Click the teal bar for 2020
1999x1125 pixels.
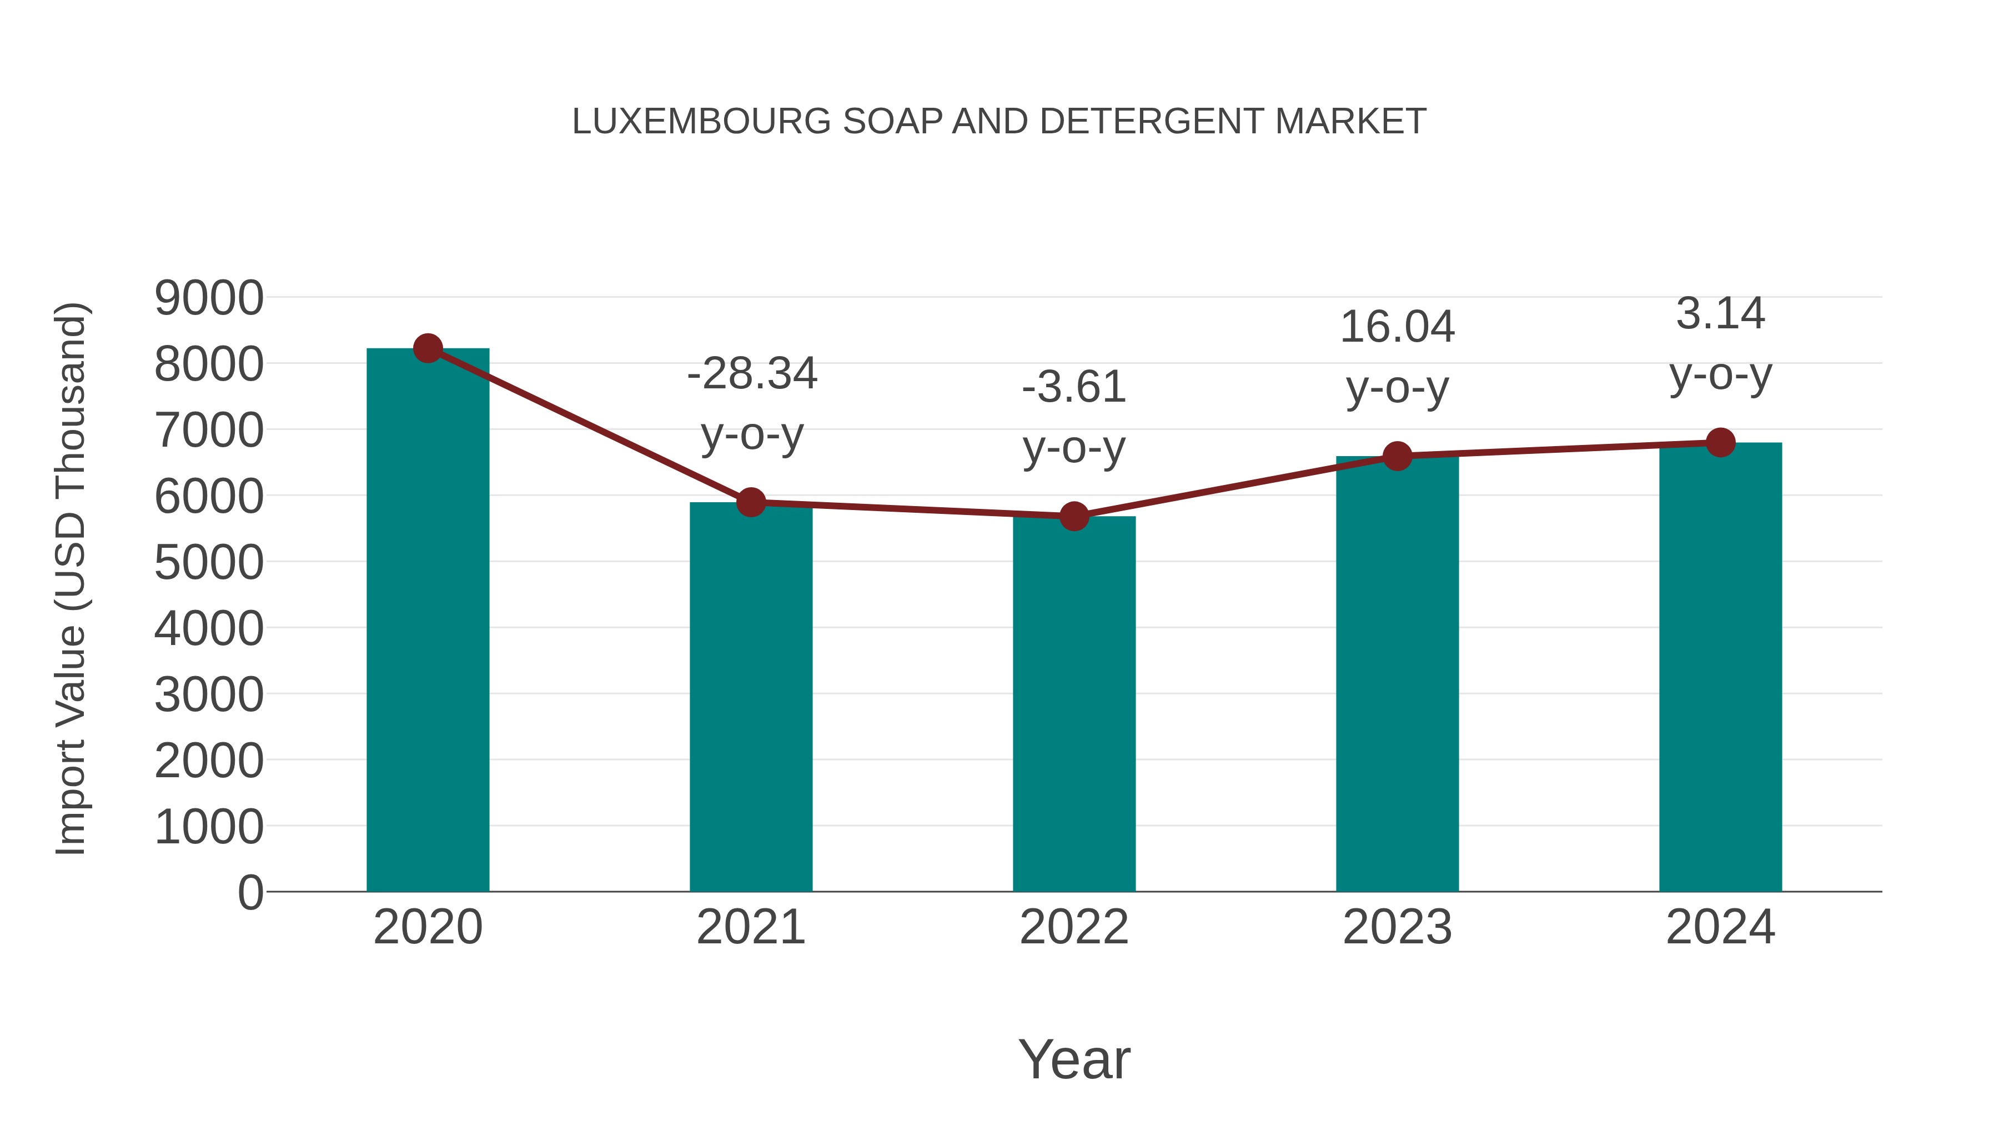[428, 621]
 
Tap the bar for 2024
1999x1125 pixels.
[1720, 668]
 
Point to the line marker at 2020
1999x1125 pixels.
[428, 348]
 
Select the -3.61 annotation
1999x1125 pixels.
[1074, 387]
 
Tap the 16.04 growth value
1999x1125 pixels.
[1397, 327]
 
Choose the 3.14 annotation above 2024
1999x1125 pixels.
[1720, 314]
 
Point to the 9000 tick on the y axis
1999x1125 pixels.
[209, 298]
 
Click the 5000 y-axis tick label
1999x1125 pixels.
[209, 563]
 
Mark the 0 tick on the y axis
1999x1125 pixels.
[250, 893]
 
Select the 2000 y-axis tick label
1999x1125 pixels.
[209, 761]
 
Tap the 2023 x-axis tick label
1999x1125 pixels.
[1397, 927]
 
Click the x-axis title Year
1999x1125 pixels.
[1074, 1059]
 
